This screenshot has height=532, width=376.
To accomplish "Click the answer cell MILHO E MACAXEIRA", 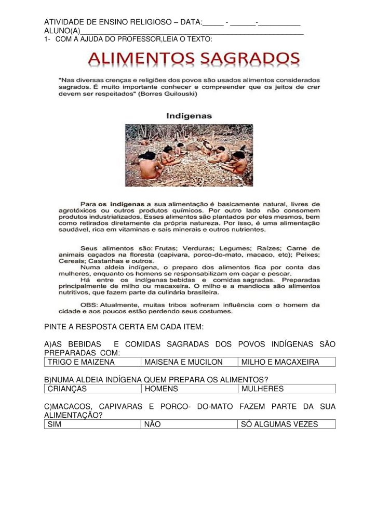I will tap(286, 362).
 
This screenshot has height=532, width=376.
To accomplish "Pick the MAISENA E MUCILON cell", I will tap(190, 362).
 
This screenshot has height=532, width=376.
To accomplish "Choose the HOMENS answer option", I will tap(190, 389).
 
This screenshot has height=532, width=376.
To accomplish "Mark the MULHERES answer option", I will tap(286, 389).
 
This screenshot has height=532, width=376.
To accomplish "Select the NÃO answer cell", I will tap(190, 424).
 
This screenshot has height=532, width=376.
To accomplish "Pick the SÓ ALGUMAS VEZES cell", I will tap(286, 424).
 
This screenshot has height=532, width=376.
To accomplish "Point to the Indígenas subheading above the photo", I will tap(189, 116).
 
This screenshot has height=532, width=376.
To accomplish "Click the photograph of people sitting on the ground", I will tap(189, 155).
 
